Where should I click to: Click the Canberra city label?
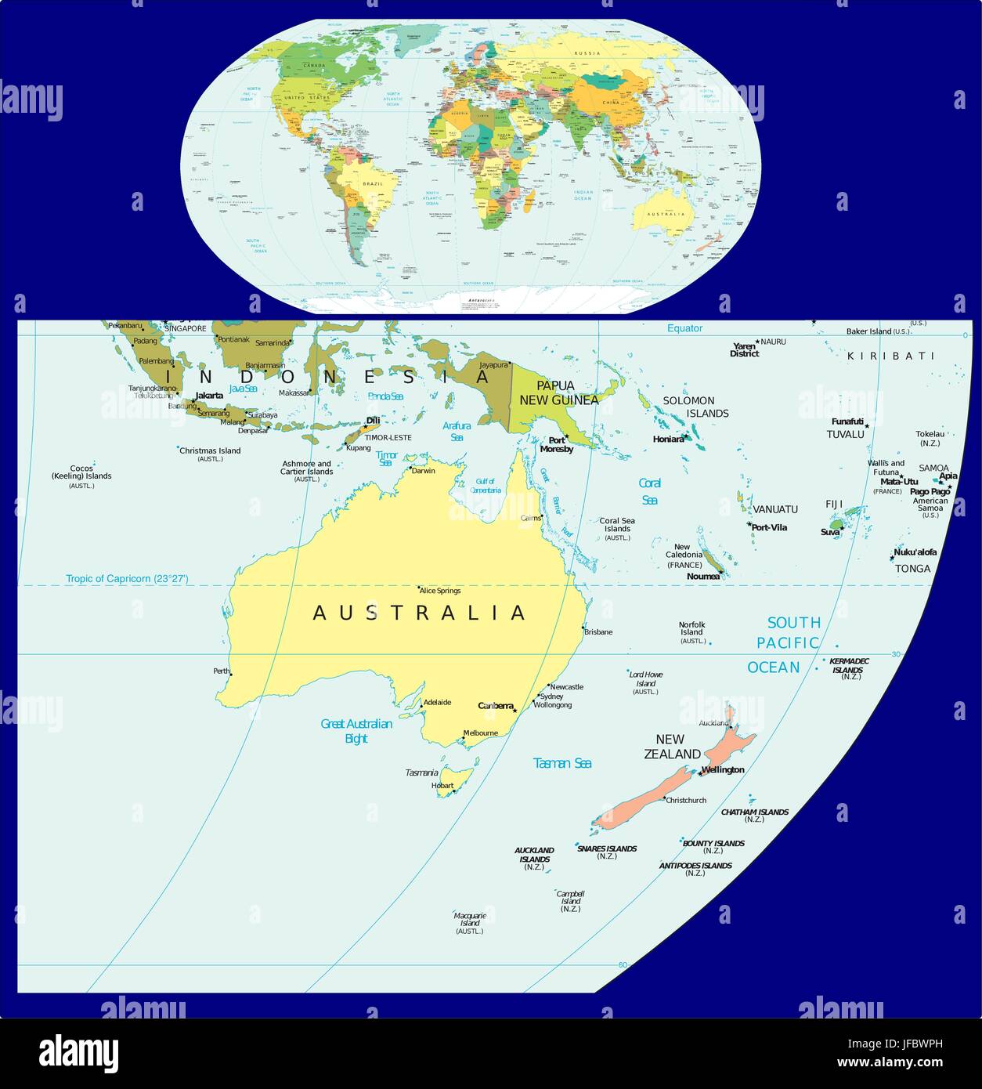tap(494, 705)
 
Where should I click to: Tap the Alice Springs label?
tap(441, 591)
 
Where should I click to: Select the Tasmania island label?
tap(421, 772)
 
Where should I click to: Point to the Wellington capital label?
tap(723, 769)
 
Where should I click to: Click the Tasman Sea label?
tap(561, 763)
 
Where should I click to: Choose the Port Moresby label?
tap(557, 445)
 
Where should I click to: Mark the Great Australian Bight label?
tap(356, 731)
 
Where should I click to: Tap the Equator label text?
tap(684, 328)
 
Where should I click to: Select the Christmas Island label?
tap(210, 450)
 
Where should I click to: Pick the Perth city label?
tap(222, 671)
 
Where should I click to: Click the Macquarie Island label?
tap(470, 920)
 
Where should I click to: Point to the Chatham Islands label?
tap(754, 812)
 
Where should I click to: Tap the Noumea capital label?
tap(702, 576)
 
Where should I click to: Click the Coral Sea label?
tap(649, 491)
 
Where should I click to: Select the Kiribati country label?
tap(891, 356)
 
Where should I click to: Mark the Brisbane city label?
tap(598, 631)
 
